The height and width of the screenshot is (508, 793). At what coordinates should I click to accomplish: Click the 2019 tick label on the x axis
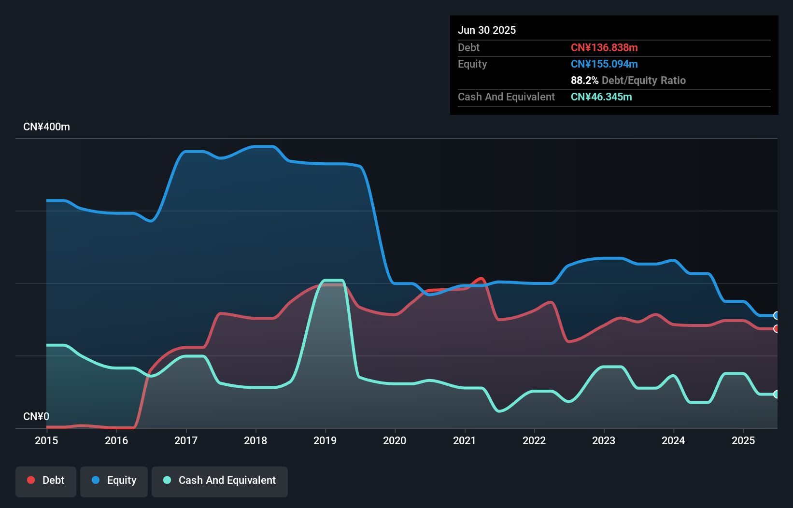click(x=325, y=440)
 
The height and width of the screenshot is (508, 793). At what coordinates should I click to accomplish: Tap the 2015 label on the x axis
click(x=46, y=440)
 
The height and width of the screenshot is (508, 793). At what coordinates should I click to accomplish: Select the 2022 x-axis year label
click(x=534, y=440)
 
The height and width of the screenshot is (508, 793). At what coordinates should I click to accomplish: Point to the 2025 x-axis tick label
click(x=743, y=440)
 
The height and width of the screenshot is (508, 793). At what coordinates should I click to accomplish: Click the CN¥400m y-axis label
click(x=46, y=127)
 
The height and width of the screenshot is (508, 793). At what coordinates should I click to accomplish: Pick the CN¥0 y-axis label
click(x=36, y=416)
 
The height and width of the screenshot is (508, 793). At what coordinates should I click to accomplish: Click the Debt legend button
click(x=46, y=480)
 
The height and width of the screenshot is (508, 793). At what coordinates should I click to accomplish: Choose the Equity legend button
click(x=114, y=480)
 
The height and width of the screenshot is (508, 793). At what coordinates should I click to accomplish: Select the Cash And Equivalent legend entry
click(x=220, y=480)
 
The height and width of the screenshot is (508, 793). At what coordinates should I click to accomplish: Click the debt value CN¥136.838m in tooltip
click(x=604, y=48)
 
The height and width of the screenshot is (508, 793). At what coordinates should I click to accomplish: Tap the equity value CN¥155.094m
click(x=604, y=64)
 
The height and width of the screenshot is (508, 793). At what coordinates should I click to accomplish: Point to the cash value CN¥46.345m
click(x=601, y=97)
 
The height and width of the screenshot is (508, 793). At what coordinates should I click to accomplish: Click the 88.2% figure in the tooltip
click(x=584, y=81)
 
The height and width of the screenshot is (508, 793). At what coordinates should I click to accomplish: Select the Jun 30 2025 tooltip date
click(x=487, y=30)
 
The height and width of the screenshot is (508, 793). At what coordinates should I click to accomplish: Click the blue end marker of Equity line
click(x=776, y=315)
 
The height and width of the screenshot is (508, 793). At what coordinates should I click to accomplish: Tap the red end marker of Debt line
click(x=776, y=329)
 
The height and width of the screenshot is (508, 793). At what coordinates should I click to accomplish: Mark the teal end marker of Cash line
click(x=776, y=394)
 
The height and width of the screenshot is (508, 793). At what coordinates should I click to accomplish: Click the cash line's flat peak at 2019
click(x=333, y=280)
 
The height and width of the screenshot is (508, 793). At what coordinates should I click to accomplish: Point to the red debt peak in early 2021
click(x=481, y=278)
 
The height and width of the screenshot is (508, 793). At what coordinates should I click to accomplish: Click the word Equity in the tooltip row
click(x=472, y=64)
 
